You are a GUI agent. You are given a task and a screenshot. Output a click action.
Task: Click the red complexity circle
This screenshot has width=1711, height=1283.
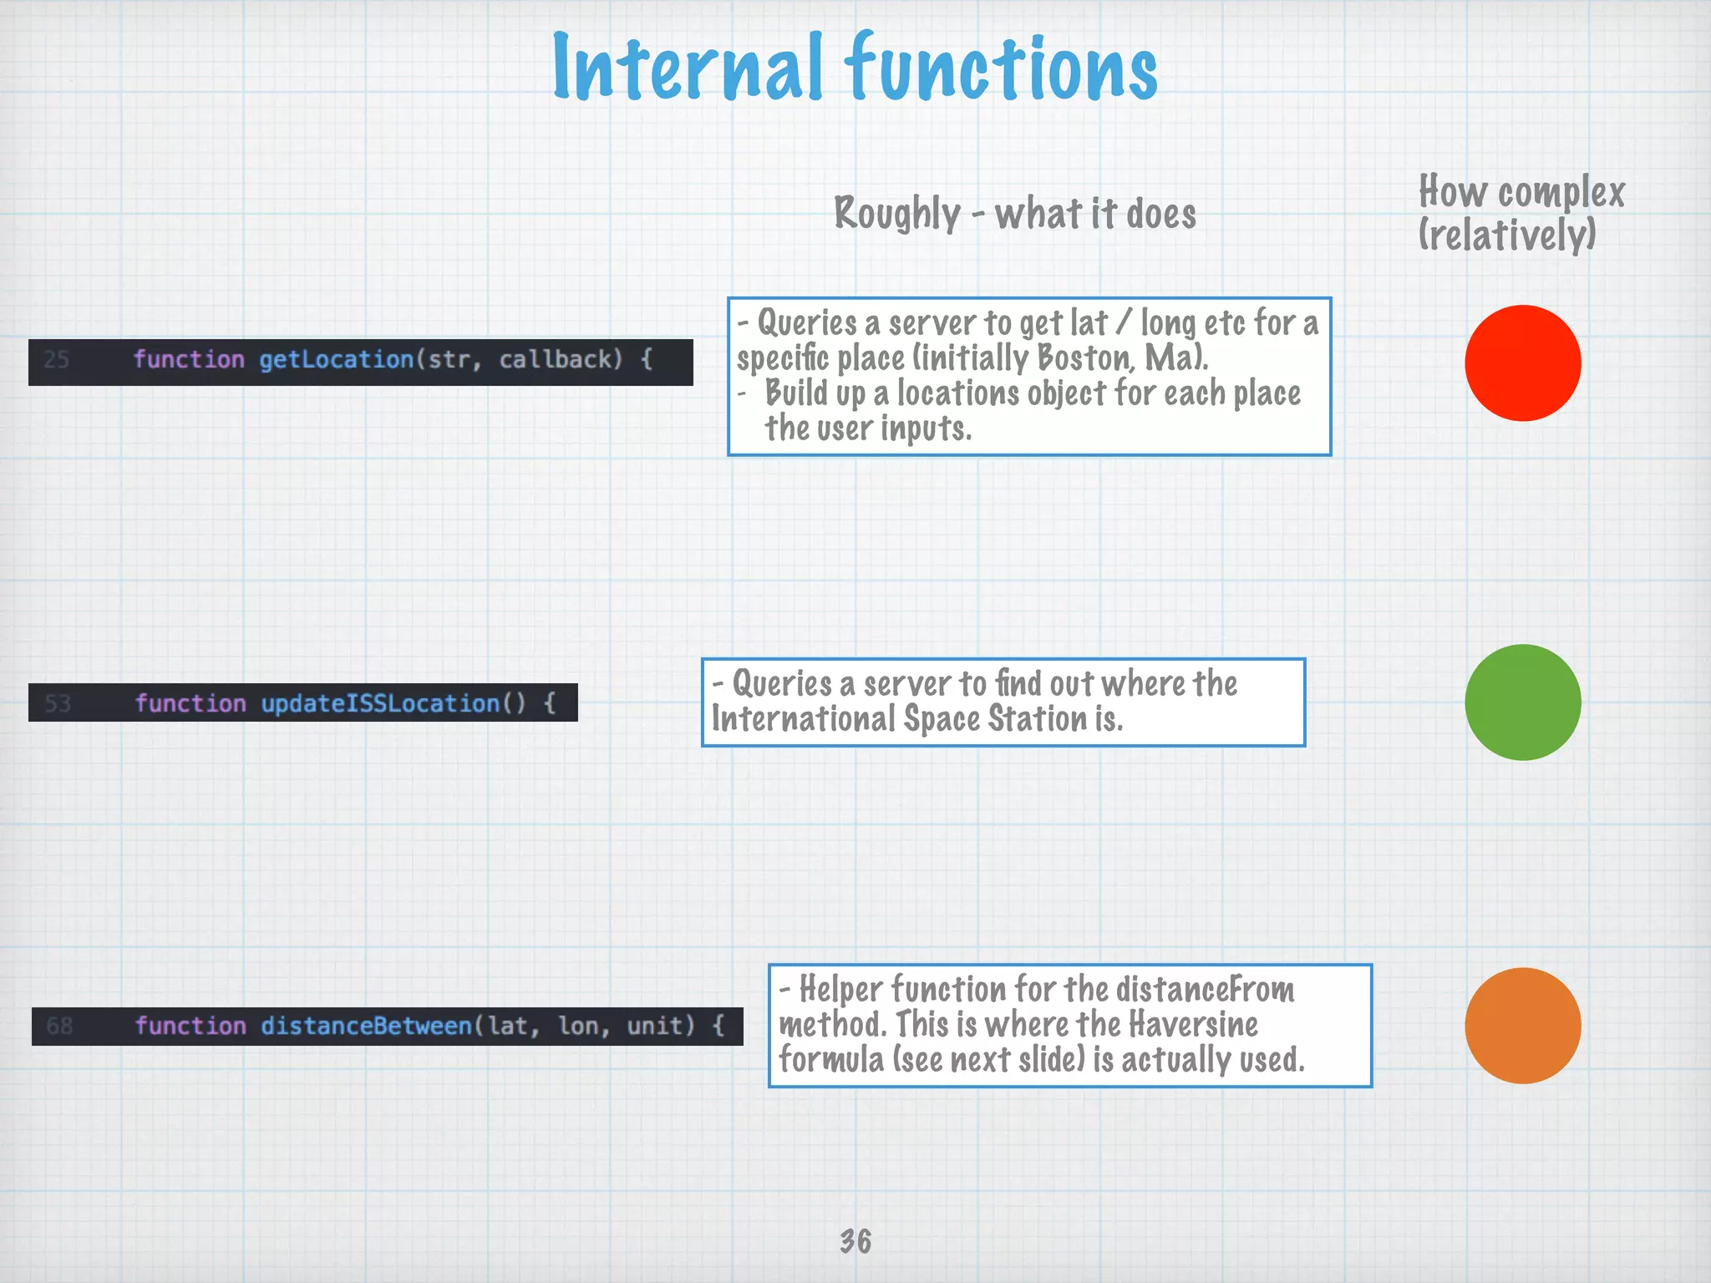(x=1522, y=363)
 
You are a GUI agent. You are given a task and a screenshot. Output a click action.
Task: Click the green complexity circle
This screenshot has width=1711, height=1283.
(x=1522, y=702)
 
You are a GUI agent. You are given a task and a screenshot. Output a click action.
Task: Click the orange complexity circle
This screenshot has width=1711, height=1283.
(x=1522, y=1026)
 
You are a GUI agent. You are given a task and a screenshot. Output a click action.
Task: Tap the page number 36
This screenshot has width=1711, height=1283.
(x=855, y=1241)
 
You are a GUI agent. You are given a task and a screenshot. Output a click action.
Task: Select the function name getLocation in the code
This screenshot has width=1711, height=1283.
(x=336, y=360)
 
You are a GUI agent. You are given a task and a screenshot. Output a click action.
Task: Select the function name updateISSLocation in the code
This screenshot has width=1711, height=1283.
(x=380, y=703)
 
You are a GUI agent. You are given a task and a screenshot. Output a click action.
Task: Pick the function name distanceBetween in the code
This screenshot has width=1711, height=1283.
(x=366, y=1026)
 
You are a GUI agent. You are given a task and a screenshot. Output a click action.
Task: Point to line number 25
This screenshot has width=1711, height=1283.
(x=56, y=360)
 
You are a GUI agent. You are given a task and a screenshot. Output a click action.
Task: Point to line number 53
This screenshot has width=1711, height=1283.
(x=58, y=703)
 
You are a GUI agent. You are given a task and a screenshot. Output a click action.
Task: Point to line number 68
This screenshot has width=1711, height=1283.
(x=59, y=1026)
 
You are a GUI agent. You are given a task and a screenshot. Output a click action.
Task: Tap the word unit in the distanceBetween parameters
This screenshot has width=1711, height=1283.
(x=660, y=1026)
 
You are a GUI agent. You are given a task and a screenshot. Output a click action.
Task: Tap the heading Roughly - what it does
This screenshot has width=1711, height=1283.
(x=1014, y=214)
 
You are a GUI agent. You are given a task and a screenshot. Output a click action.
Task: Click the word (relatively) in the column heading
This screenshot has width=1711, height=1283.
(x=1506, y=235)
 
